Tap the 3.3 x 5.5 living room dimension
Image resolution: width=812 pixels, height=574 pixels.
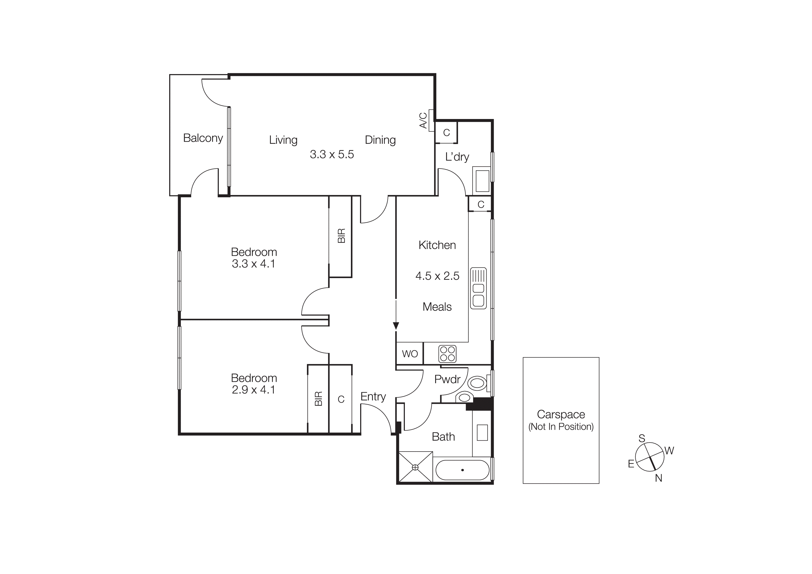[x=331, y=154]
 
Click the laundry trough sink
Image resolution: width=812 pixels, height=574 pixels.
[x=482, y=181]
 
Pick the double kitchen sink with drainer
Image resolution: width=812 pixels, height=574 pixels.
[x=478, y=288]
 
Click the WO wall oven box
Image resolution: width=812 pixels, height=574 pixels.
[x=409, y=354]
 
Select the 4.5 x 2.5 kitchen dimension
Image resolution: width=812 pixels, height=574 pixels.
[x=437, y=276]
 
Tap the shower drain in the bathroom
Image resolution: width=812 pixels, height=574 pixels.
[x=415, y=467]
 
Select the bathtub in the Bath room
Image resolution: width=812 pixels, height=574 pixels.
[x=462, y=470]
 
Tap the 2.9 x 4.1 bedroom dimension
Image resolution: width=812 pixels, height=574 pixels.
[x=253, y=390]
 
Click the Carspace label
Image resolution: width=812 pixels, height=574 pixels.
[x=561, y=414]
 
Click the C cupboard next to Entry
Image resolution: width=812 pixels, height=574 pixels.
[x=341, y=399]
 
